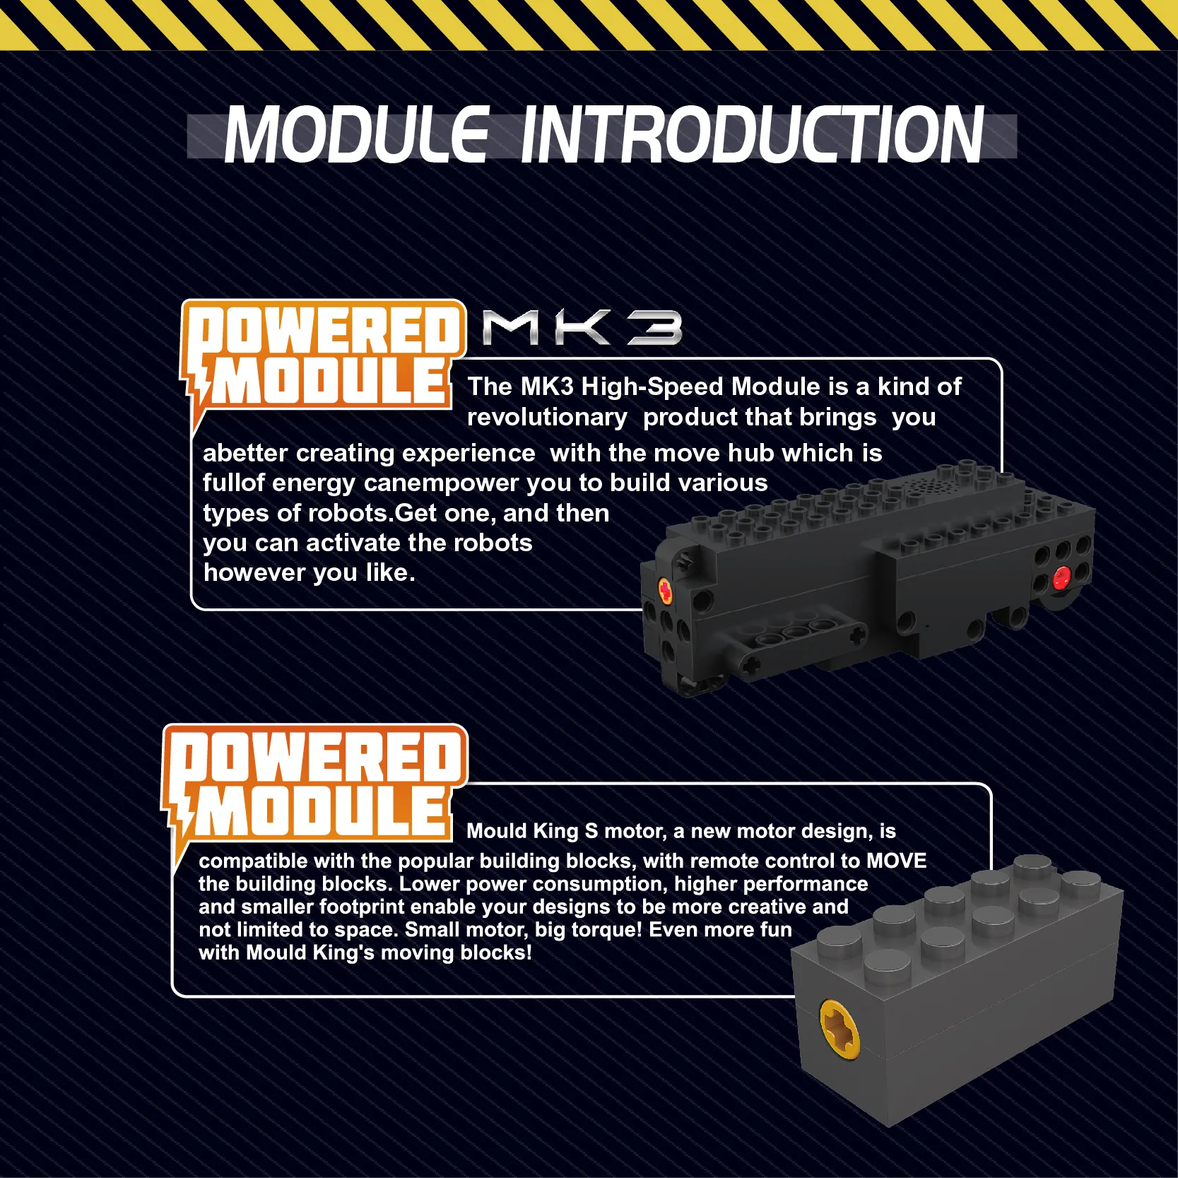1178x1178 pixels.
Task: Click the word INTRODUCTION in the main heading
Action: (x=752, y=134)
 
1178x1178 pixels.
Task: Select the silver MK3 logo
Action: (x=582, y=328)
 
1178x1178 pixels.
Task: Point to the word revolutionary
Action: (x=547, y=417)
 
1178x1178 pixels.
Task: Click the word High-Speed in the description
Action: (x=652, y=387)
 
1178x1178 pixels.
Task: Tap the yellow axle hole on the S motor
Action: (x=840, y=1029)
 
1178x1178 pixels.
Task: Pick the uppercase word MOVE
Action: (x=897, y=861)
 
